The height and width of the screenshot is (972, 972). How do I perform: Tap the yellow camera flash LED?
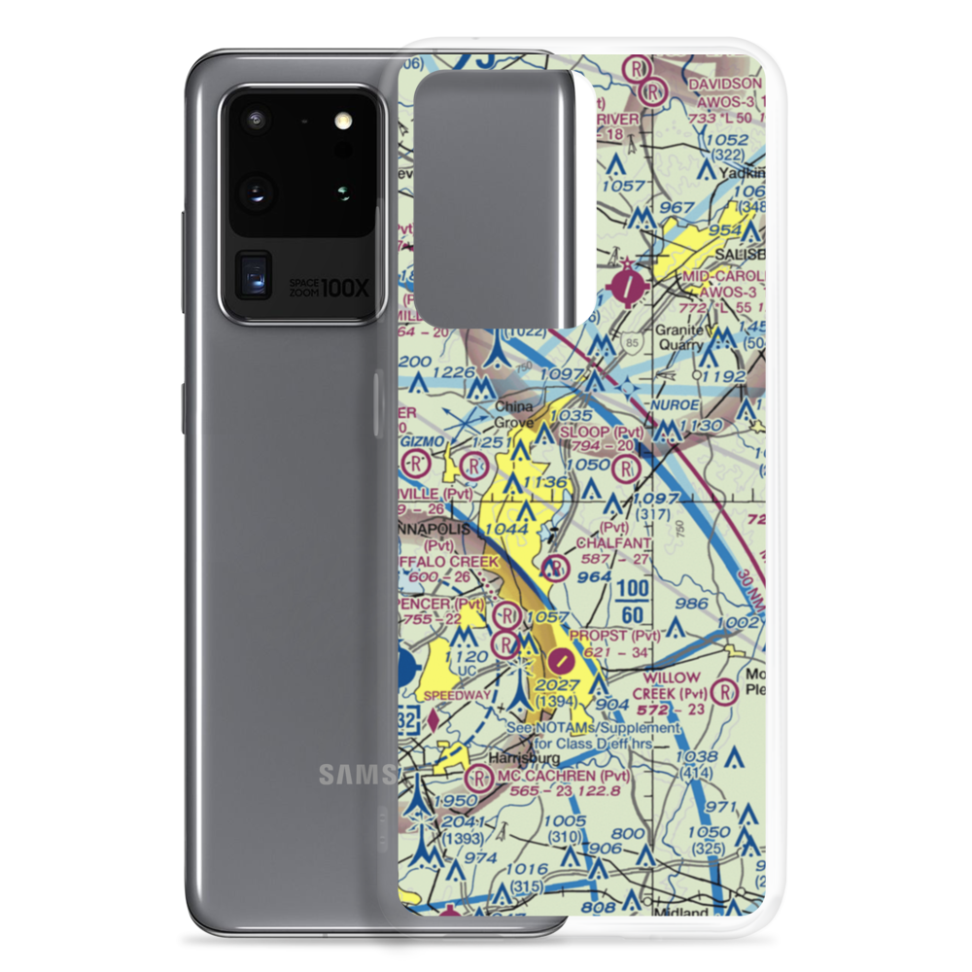pyautogui.click(x=341, y=121)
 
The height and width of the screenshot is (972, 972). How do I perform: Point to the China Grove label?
pyautogui.click(x=514, y=414)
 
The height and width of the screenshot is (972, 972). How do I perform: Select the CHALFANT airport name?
pyautogui.click(x=613, y=542)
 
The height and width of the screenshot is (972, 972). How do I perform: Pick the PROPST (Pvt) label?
pyautogui.click(x=615, y=636)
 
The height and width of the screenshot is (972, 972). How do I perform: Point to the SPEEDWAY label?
pyautogui.click(x=457, y=696)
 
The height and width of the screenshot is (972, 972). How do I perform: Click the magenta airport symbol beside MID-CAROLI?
pyautogui.click(x=631, y=286)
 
